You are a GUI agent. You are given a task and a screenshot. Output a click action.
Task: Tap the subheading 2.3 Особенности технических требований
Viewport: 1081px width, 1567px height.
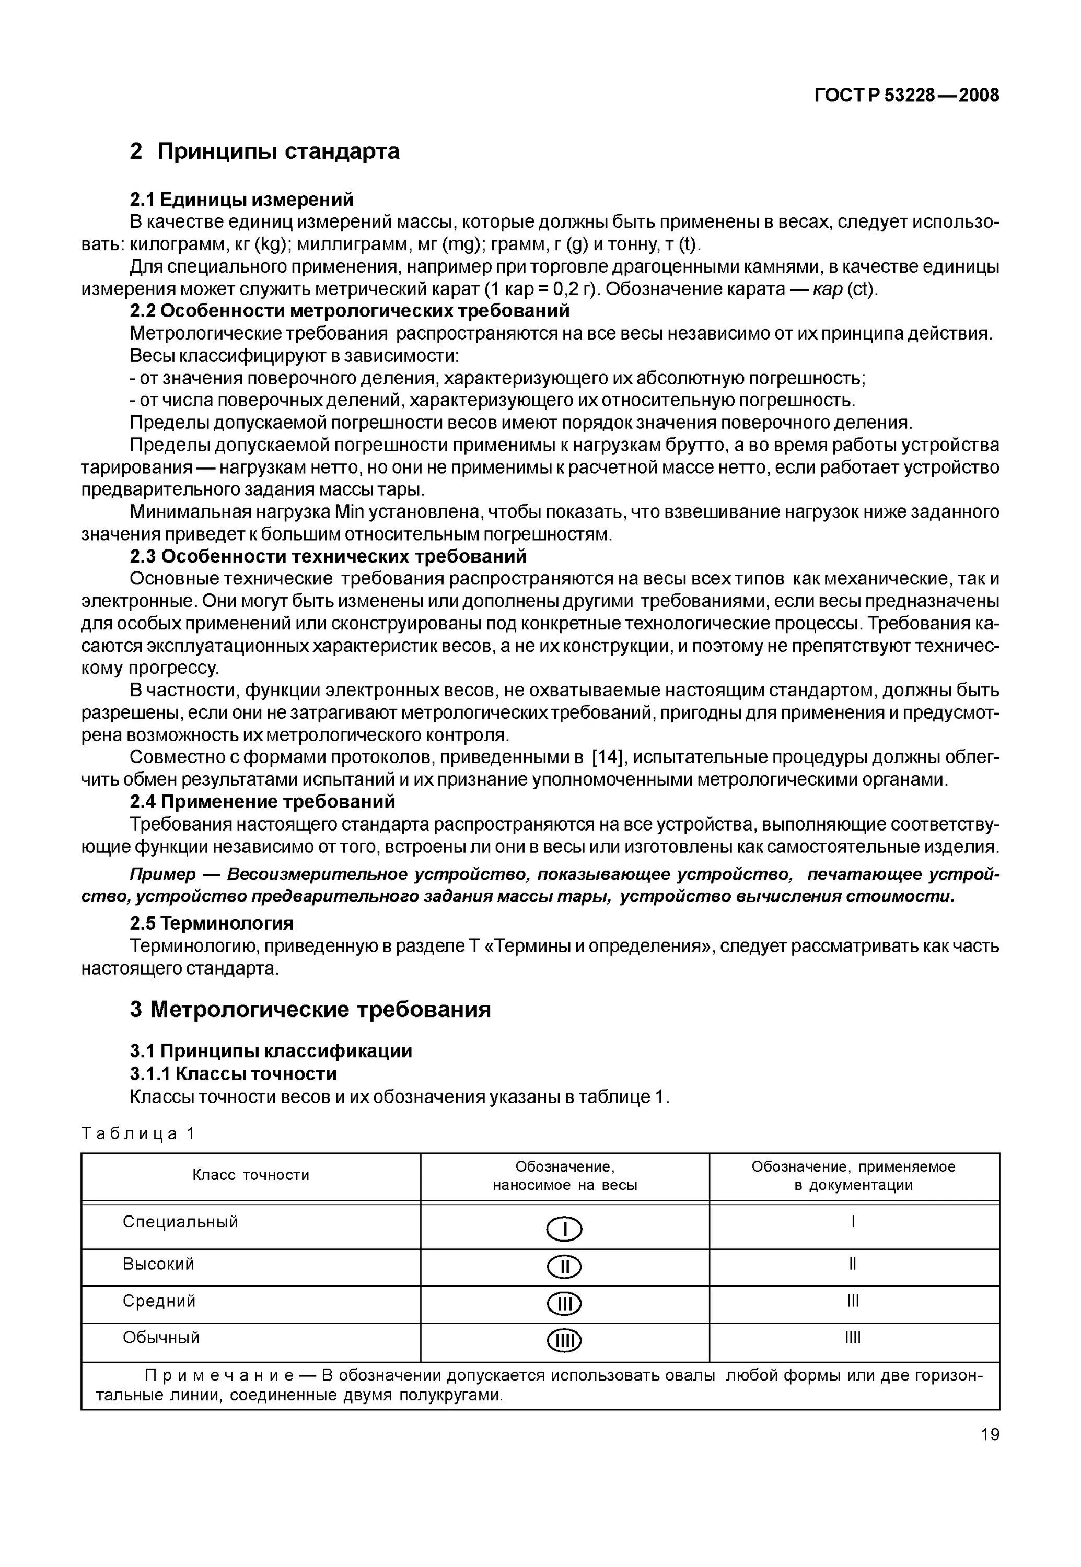(328, 557)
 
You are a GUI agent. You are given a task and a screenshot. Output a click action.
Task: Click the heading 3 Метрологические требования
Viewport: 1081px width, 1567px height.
(310, 1010)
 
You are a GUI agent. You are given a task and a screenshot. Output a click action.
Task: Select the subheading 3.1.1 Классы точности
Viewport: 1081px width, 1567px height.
(233, 1074)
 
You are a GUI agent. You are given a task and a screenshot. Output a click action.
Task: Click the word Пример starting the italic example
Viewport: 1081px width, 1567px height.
(162, 874)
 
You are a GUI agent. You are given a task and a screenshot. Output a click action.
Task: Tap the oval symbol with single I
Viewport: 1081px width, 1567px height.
(564, 1229)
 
